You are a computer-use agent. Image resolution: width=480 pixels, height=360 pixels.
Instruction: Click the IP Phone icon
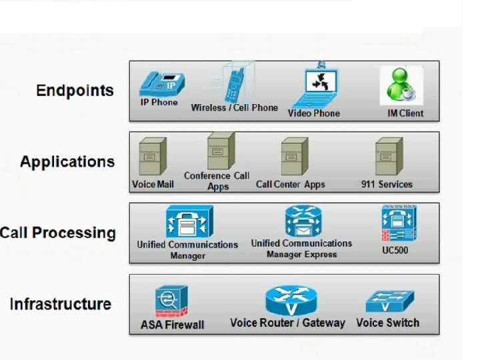pyautogui.click(x=161, y=83)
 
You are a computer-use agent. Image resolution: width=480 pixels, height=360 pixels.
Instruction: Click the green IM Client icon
pyautogui.click(x=401, y=85)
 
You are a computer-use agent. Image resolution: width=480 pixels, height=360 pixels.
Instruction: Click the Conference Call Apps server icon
pyautogui.click(x=218, y=151)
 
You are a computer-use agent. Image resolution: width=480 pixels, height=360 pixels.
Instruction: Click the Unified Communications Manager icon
pyautogui.click(x=189, y=222)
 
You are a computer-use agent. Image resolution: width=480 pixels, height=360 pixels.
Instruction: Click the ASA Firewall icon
pyautogui.click(x=171, y=301)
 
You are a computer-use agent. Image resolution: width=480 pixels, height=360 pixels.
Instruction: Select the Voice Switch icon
pyautogui.click(x=389, y=301)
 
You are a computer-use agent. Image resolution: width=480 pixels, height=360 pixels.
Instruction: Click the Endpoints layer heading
pyautogui.click(x=75, y=91)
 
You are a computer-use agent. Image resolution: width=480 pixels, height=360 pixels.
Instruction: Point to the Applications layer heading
pyautogui.click(x=67, y=162)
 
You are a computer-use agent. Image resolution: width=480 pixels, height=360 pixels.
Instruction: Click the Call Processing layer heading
pyautogui.click(x=58, y=233)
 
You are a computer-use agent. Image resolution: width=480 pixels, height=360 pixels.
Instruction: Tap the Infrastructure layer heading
pyautogui.click(x=61, y=304)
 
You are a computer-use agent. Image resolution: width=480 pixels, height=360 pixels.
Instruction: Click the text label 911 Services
pyautogui.click(x=387, y=184)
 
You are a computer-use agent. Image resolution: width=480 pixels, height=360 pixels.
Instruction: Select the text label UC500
pyautogui.click(x=395, y=250)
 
